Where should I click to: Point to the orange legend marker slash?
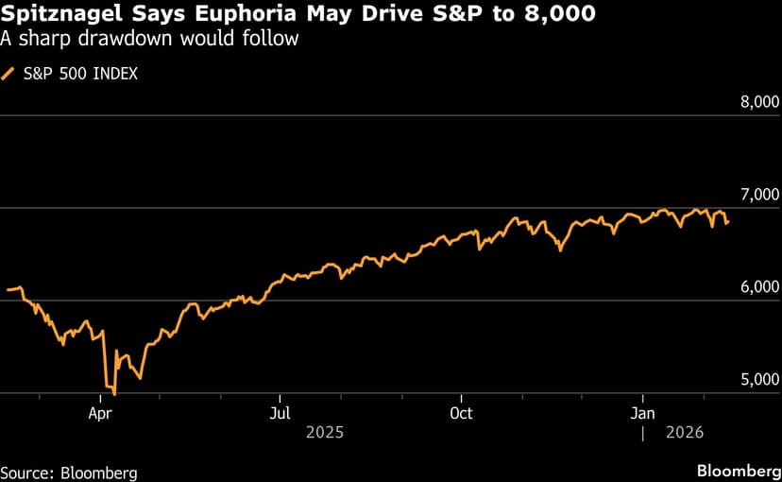(8, 73)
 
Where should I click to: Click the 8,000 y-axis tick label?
(758, 102)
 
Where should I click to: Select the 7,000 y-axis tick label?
(758, 195)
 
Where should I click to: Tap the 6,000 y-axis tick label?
(758, 287)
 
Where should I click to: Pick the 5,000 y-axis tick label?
(758, 380)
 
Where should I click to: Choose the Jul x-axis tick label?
(279, 413)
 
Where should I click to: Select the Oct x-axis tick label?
(461, 413)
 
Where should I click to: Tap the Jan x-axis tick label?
(642, 413)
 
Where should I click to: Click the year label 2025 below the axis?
(324, 432)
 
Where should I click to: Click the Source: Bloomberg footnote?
(68, 472)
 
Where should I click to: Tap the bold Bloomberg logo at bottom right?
(733, 470)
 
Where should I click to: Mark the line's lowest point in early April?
(114, 393)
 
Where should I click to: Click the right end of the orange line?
(727, 223)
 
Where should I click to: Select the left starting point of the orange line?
(7, 289)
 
